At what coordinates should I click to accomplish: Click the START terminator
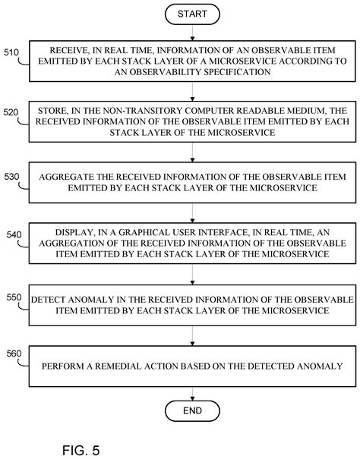click(192, 14)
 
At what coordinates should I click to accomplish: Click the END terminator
click(192, 410)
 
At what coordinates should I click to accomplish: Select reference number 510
click(12, 53)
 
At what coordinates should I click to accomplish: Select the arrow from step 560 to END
click(192, 389)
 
